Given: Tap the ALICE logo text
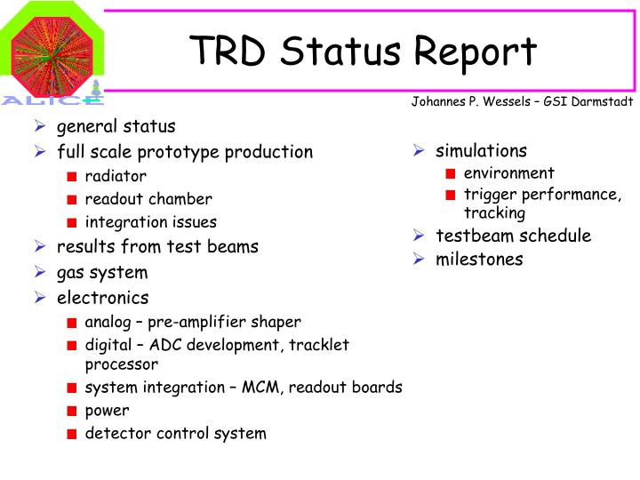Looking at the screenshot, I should click(x=52, y=100).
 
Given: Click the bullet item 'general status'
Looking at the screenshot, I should click(x=116, y=126).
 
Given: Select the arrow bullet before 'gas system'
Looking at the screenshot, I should click(x=40, y=273).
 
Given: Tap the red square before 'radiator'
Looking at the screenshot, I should click(x=72, y=176).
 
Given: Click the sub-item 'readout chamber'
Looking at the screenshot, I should click(x=148, y=199).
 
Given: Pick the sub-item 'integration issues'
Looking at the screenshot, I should click(x=150, y=222).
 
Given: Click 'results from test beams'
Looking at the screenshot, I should click(x=157, y=246).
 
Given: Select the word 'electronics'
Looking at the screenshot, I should click(x=103, y=298).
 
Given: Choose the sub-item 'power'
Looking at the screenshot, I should click(x=107, y=411).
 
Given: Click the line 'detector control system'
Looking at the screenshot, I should click(x=175, y=434).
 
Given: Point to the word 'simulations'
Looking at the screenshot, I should click(x=481, y=151).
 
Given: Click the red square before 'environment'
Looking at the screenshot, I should click(x=451, y=173).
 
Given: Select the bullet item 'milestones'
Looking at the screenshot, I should click(x=479, y=260).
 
